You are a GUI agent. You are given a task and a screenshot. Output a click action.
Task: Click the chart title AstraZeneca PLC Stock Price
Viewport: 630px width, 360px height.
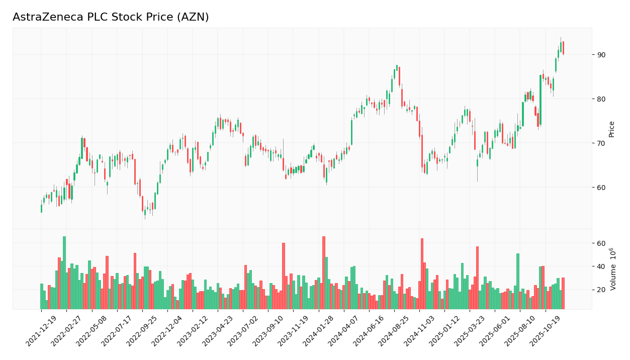click(x=111, y=18)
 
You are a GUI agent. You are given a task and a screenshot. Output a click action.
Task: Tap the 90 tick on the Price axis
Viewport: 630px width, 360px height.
click(x=601, y=54)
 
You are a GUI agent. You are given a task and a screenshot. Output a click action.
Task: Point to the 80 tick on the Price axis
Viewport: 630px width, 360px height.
click(x=601, y=99)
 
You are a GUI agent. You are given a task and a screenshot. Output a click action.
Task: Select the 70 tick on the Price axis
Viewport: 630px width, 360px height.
click(x=601, y=143)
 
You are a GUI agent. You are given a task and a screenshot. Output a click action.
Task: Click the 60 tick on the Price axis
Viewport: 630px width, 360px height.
click(x=601, y=187)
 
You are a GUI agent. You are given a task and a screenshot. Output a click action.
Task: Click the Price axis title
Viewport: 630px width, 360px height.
click(x=612, y=129)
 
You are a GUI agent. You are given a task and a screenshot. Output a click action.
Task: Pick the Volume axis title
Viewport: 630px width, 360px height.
click(x=613, y=268)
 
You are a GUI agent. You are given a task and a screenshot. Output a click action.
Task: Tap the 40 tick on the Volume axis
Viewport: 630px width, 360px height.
click(x=601, y=266)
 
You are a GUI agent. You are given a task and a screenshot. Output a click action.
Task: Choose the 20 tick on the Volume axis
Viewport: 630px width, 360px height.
click(x=601, y=290)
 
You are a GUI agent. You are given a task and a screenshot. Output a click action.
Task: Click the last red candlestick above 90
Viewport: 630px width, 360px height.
click(x=563, y=48)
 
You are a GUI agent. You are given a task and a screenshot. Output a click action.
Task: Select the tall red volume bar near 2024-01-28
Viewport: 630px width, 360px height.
click(x=324, y=273)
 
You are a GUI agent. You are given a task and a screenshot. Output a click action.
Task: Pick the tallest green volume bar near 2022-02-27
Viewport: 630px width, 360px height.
click(x=64, y=273)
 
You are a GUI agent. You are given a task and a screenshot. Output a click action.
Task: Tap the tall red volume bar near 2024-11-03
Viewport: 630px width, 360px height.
click(x=422, y=274)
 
